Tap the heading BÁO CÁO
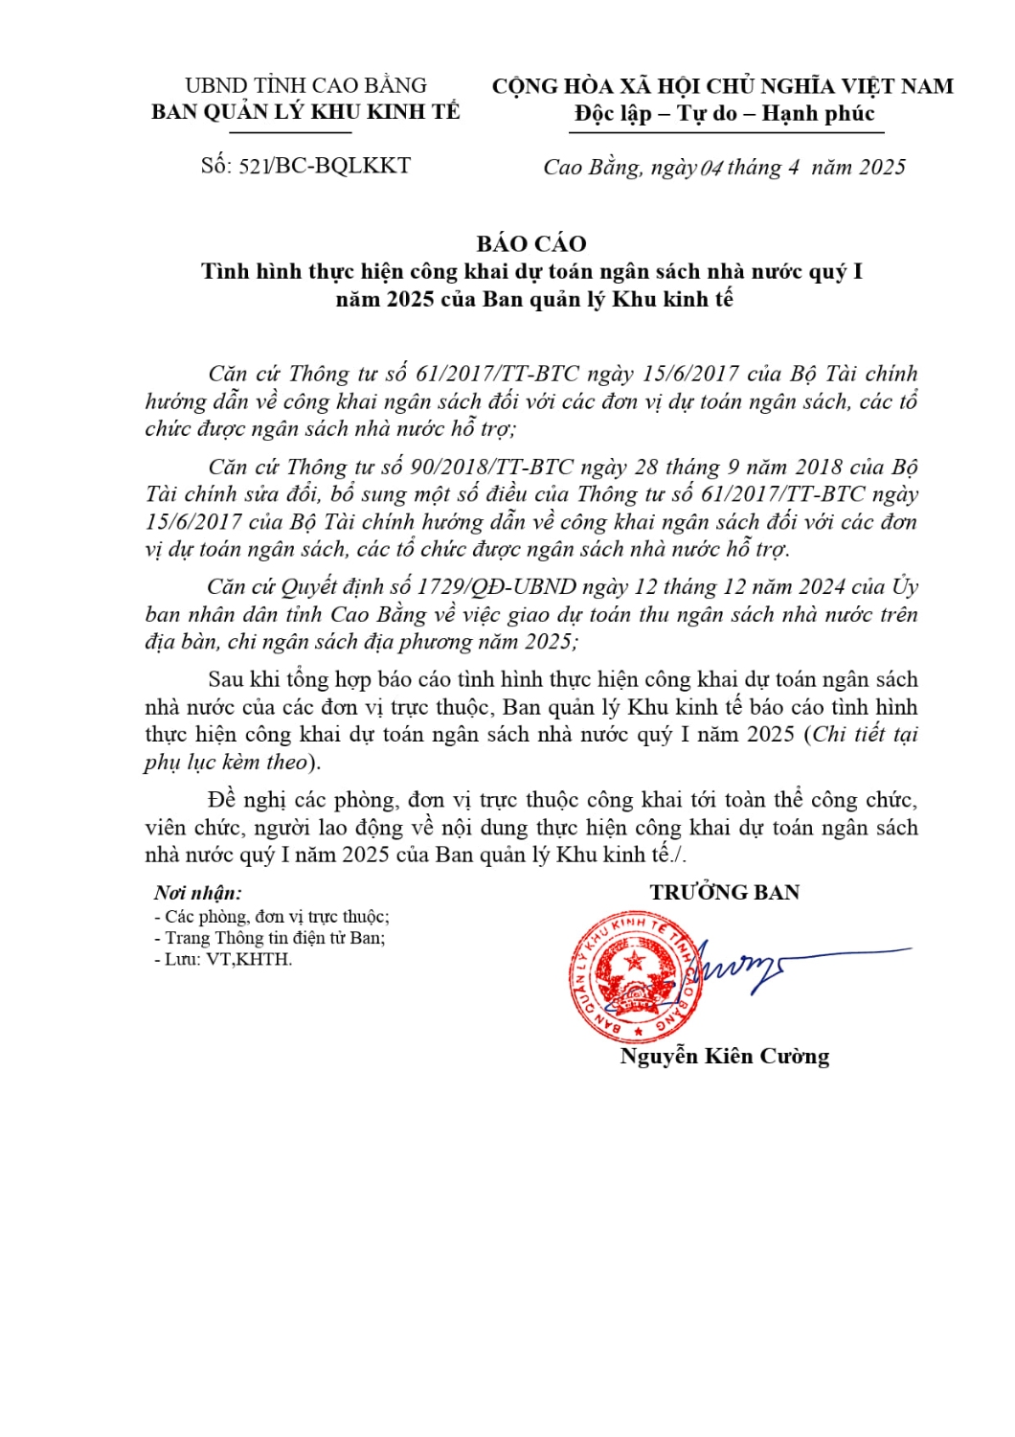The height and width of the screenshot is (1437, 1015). pyautogui.click(x=531, y=243)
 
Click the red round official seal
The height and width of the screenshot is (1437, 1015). pyautogui.click(x=633, y=978)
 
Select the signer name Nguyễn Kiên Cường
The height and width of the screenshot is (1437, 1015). pyautogui.click(x=724, y=1057)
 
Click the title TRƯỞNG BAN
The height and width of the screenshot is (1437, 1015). pyautogui.click(x=724, y=893)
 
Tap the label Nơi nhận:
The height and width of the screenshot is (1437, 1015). pyautogui.click(x=198, y=893)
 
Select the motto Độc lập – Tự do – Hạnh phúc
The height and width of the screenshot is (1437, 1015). pyautogui.click(x=724, y=114)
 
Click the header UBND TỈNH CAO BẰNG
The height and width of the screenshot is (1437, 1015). pyautogui.click(x=305, y=86)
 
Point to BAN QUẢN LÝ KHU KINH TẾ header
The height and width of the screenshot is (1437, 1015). pyautogui.click(x=305, y=112)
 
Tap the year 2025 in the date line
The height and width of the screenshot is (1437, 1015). pyautogui.click(x=882, y=168)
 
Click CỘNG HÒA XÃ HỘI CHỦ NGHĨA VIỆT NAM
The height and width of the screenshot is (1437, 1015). pyautogui.click(x=723, y=86)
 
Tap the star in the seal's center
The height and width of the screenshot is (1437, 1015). pyautogui.click(x=633, y=960)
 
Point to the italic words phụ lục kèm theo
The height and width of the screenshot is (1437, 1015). pyautogui.click(x=227, y=763)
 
